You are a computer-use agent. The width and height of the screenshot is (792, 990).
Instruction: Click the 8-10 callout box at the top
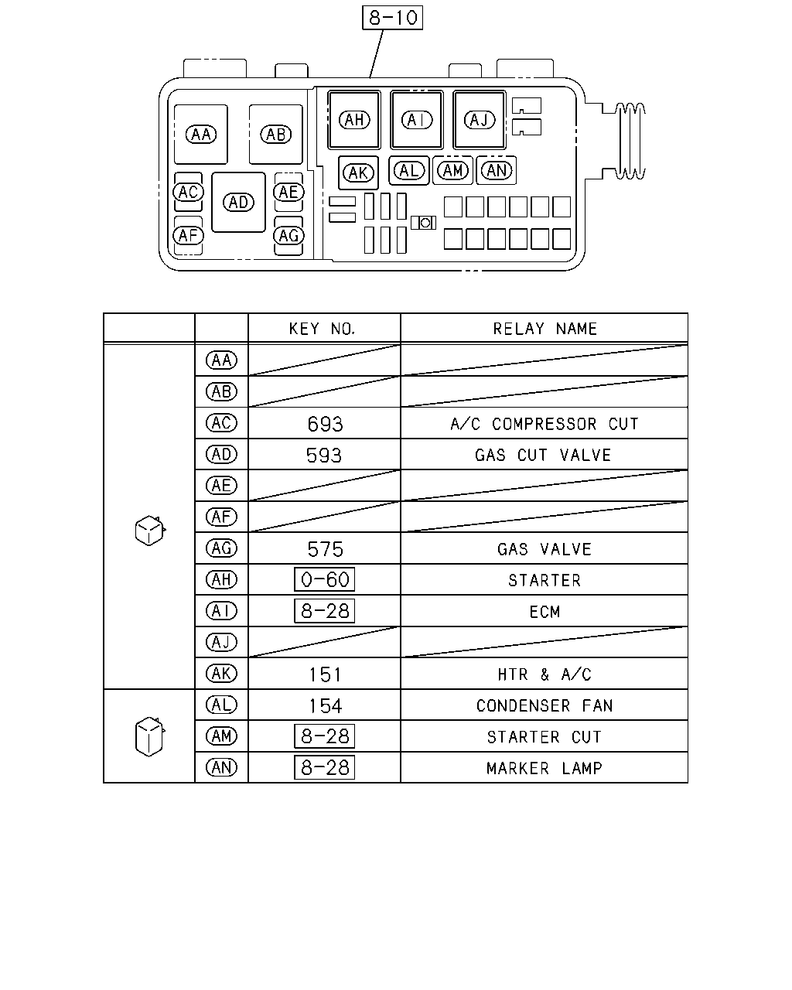pyautogui.click(x=392, y=18)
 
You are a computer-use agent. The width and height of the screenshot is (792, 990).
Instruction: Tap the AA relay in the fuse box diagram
pyautogui.click(x=200, y=135)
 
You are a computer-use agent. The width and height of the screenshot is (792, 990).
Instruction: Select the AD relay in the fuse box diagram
pyautogui.click(x=238, y=202)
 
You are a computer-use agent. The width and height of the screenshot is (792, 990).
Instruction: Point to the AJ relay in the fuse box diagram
pyautogui.click(x=479, y=120)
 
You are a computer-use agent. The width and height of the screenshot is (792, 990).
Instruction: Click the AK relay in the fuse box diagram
pyautogui.click(x=358, y=173)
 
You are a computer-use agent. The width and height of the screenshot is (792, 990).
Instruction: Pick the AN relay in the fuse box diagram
pyautogui.click(x=496, y=171)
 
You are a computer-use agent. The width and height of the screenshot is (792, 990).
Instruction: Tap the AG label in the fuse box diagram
pyautogui.click(x=288, y=236)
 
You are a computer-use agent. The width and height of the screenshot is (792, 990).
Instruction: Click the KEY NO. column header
pyautogui.click(x=322, y=329)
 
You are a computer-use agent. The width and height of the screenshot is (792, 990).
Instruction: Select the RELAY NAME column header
pyautogui.click(x=544, y=329)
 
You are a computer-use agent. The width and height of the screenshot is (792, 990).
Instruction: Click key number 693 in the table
pyautogui.click(x=325, y=424)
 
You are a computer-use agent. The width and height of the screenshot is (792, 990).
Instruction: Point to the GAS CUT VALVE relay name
pyautogui.click(x=543, y=455)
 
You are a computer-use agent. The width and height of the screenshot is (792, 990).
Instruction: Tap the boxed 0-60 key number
pyautogui.click(x=324, y=579)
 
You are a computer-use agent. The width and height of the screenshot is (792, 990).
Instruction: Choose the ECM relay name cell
pyautogui.click(x=544, y=611)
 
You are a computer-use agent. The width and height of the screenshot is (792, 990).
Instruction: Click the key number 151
pyautogui.click(x=325, y=674)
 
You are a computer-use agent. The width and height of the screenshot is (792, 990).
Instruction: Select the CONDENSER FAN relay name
pyautogui.click(x=544, y=705)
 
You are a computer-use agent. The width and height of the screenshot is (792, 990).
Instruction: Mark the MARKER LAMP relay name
pyautogui.click(x=544, y=768)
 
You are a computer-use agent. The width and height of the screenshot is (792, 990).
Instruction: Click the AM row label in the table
pyautogui.click(x=221, y=736)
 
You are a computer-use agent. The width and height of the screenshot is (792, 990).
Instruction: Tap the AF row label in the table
pyautogui.click(x=221, y=517)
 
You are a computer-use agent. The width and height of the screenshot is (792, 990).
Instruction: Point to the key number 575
pyautogui.click(x=325, y=549)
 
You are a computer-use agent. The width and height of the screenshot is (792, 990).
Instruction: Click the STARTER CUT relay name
pyautogui.click(x=544, y=736)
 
